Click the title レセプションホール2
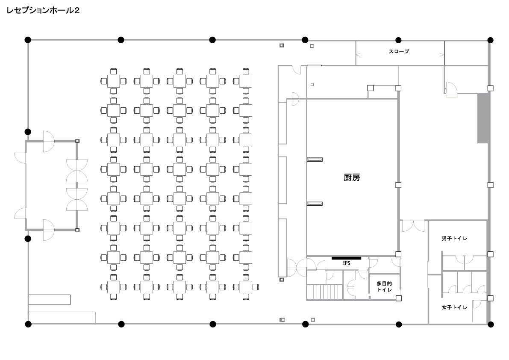coord(43,10)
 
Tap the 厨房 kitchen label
coord(352,177)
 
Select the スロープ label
coord(399,51)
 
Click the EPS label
coord(346,263)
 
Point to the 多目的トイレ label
coord(384,286)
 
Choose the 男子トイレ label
coord(454,238)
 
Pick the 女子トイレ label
coord(454,307)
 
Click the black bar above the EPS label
coord(346,258)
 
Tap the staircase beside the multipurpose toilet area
coord(324,292)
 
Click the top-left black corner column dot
coord(28,40)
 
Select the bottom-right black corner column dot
coord(491,324)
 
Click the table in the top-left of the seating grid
coord(114,81)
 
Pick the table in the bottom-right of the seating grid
coord(246,287)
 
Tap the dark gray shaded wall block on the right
coord(483,118)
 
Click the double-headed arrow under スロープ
coord(400,55)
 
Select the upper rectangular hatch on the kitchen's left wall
coord(315,159)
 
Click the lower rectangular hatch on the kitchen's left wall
coord(315,204)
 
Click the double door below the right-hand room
coord(413,226)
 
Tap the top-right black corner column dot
coord(490,40)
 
